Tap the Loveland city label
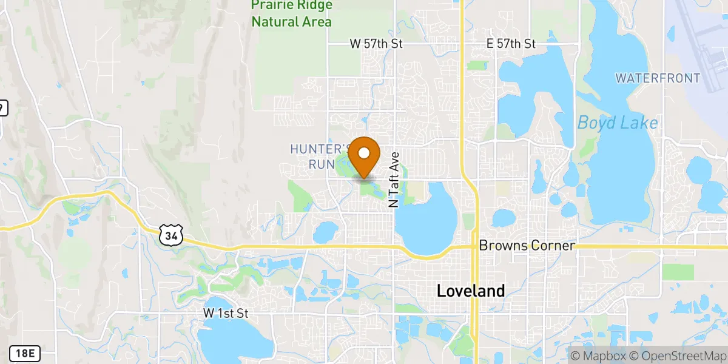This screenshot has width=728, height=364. (x=470, y=291)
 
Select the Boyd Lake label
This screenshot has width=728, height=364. (x=617, y=123)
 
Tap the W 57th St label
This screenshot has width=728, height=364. (x=376, y=44)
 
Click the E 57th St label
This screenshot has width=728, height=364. (x=511, y=44)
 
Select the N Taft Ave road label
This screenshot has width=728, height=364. (x=394, y=179)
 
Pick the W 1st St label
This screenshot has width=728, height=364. (x=226, y=314)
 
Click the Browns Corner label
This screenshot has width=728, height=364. (x=527, y=246)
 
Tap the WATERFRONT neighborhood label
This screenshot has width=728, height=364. (x=658, y=78)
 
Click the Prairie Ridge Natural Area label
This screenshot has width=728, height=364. (x=292, y=13)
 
